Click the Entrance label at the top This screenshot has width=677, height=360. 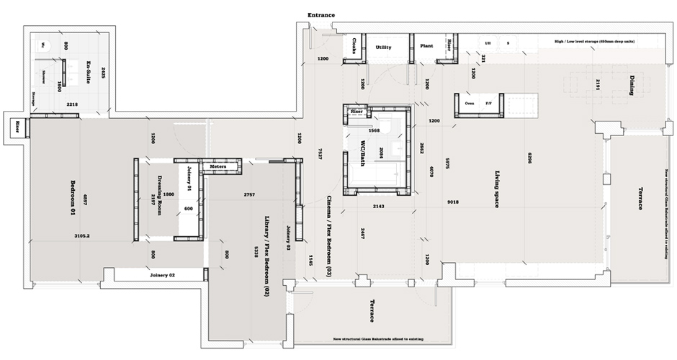pos(321,15)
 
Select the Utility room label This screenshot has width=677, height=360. pos(383,47)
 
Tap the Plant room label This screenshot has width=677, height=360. pos(426,46)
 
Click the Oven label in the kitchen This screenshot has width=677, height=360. pos(469,103)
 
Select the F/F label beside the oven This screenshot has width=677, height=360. pos(489,103)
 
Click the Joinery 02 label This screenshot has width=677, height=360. pos(163,275)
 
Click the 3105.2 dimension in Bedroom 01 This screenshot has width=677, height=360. pos(86,235)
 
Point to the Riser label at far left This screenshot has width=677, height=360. pos(15,128)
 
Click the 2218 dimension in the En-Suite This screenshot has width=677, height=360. pos(72,105)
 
